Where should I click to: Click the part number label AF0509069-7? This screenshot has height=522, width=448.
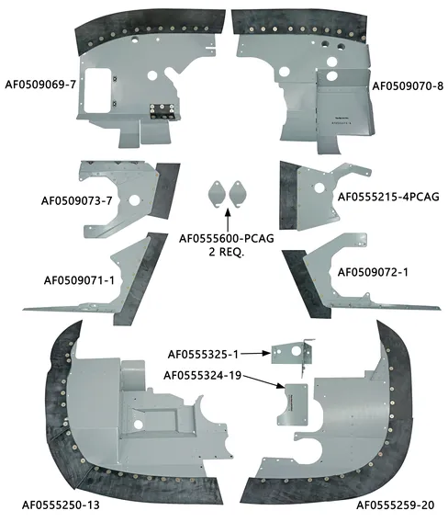40,85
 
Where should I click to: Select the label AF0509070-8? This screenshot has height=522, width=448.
408,86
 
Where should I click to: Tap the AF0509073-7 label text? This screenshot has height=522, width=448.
76,201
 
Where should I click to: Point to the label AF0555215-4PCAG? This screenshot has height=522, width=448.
388,197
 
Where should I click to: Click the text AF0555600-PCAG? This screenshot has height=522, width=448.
227,239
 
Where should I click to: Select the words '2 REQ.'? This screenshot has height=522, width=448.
227,252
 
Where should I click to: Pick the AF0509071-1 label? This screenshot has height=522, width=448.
79,280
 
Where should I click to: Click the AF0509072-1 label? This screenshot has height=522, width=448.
373,272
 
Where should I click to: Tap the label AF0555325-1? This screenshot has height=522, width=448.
203,355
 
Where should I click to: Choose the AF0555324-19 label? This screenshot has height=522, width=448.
202,376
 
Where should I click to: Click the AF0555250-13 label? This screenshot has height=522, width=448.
61,505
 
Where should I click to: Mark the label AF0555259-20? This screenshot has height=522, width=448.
396,505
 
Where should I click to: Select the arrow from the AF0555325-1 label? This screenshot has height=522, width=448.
256,354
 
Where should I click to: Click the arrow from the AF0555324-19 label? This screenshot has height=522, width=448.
264,382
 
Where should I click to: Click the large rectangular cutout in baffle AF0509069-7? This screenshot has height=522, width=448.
97,90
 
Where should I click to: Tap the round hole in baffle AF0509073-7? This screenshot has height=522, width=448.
135,200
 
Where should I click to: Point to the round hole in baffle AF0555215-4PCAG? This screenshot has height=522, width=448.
319,187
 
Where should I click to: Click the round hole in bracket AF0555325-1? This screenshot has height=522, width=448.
296,351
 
